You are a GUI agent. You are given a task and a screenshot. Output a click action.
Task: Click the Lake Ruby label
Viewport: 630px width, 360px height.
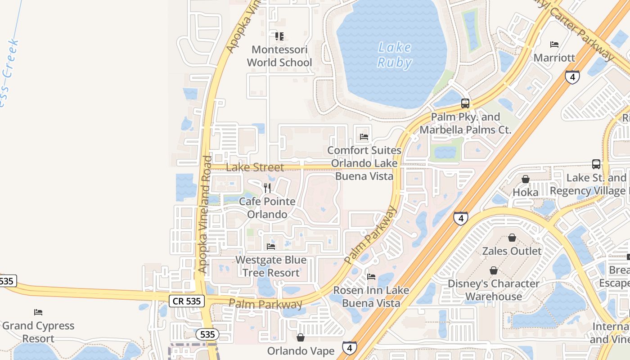click(x=394, y=54)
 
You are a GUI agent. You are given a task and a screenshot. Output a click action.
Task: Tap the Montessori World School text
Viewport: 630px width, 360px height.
click(x=279, y=56)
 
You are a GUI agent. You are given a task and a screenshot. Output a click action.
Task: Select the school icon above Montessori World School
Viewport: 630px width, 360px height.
click(x=279, y=36)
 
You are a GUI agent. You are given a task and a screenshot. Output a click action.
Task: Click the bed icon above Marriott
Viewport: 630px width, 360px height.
click(x=554, y=45)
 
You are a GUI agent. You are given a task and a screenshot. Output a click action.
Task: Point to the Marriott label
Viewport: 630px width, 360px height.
click(x=554, y=58)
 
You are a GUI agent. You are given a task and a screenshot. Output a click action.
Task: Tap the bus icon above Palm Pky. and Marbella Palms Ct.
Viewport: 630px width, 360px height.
click(x=465, y=103)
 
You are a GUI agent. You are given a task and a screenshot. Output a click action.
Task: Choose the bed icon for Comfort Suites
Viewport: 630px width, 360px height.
click(x=364, y=137)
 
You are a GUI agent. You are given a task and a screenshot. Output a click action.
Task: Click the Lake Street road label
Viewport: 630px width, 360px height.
click(x=255, y=167)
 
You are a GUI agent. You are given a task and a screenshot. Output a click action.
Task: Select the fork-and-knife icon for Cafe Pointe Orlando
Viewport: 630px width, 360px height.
click(x=267, y=188)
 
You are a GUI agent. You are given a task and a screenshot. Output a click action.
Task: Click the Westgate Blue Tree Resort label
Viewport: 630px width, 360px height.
click(x=271, y=266)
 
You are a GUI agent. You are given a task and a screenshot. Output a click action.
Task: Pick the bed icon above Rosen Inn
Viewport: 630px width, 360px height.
click(x=371, y=277)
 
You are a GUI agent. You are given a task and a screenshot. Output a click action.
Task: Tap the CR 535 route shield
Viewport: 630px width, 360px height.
click(x=187, y=301)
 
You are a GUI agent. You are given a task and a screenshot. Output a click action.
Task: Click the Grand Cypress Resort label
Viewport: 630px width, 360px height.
click(x=38, y=332)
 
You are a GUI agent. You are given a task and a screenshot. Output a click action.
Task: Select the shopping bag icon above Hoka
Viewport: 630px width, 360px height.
click(x=525, y=179)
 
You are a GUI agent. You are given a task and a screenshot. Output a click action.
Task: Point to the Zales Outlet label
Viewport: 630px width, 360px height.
click(x=512, y=251)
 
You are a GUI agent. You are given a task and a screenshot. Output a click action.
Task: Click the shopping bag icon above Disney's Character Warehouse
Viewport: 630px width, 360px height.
click(x=494, y=270)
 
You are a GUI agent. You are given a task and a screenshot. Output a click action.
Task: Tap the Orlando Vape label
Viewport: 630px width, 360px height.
click(x=301, y=351)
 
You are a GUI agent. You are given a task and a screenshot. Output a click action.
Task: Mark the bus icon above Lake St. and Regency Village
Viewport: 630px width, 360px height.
click(x=596, y=164)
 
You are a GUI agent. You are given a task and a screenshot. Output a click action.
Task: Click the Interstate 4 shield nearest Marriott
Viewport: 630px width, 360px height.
click(x=572, y=77)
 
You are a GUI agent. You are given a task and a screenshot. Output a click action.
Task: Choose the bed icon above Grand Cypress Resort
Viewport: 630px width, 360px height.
click(x=38, y=312)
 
